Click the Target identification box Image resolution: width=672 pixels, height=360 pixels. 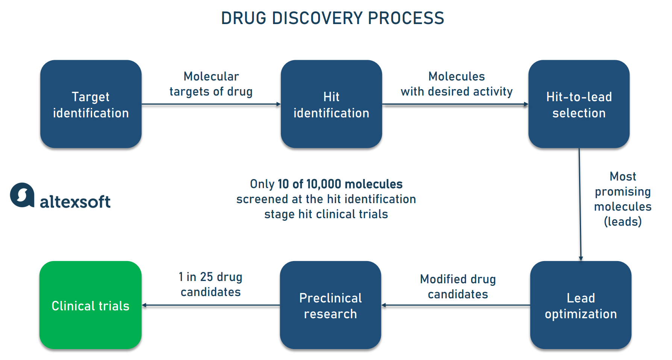(91, 104)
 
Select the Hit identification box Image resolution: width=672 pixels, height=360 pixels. (331, 104)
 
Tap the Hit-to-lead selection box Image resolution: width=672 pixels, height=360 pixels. (579, 104)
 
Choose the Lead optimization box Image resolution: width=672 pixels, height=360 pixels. (581, 305)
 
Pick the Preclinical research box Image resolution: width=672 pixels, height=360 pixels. (330, 305)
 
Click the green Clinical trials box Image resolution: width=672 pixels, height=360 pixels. (90, 305)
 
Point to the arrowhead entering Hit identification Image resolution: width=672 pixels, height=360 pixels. (279, 104)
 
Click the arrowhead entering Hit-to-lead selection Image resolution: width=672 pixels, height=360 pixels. (526, 104)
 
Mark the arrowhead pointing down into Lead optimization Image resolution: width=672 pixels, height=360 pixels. (581, 258)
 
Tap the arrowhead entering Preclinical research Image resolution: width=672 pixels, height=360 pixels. (384, 305)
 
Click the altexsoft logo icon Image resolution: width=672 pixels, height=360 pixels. (22, 195)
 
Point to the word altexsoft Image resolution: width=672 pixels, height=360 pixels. (75, 202)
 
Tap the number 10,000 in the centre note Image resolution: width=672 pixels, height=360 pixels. (323, 184)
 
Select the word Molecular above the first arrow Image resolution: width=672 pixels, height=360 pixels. (211, 76)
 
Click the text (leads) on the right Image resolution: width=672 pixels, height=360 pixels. (623, 222)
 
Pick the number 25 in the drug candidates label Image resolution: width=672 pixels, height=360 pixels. (206, 277)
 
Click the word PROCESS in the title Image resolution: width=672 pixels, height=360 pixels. (406, 18)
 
